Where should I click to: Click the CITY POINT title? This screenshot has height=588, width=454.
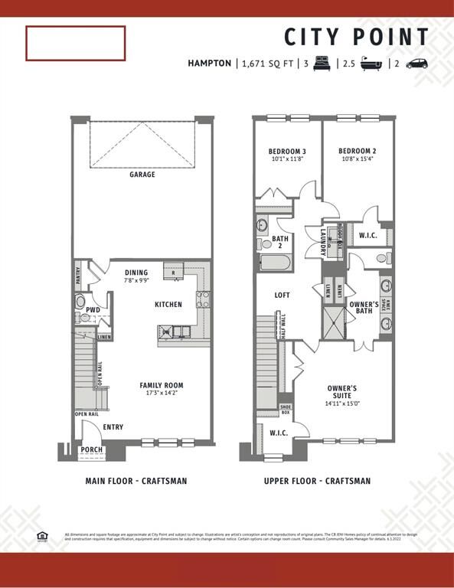click(x=358, y=37)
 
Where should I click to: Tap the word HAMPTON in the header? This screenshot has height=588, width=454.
click(x=209, y=64)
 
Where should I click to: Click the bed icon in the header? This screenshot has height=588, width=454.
click(x=322, y=64)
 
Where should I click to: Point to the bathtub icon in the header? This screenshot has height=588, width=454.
click(x=372, y=64)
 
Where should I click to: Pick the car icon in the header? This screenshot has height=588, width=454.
click(x=416, y=64)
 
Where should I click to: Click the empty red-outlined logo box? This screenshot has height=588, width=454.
click(x=75, y=43)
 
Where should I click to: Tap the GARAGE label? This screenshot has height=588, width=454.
click(x=142, y=175)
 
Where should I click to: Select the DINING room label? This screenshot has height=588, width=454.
click(x=136, y=273)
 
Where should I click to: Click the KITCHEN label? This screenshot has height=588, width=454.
click(x=168, y=305)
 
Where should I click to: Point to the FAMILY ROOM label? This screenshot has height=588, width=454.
click(x=161, y=385)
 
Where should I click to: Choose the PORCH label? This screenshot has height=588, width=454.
click(x=92, y=449)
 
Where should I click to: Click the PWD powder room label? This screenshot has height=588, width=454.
click(x=93, y=310)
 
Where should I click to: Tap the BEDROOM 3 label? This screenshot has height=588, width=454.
click(x=287, y=151)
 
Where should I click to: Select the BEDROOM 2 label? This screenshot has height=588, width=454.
click(x=358, y=151)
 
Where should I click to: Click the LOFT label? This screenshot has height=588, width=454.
click(x=283, y=295)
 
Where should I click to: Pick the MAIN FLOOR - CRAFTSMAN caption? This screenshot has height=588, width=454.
click(x=136, y=482)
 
